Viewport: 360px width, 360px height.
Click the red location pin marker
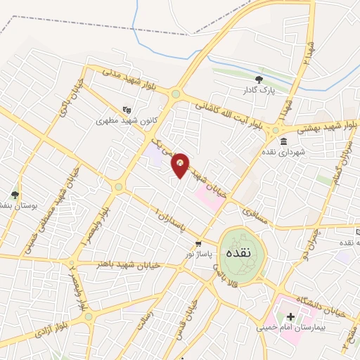click(181, 165)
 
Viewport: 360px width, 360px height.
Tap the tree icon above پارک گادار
click(259, 79)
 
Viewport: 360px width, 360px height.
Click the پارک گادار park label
click(259, 91)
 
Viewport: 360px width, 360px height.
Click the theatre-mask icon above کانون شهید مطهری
click(127, 110)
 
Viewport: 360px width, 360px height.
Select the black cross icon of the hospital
click(291, 316)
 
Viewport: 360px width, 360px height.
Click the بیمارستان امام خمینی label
click(295, 328)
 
